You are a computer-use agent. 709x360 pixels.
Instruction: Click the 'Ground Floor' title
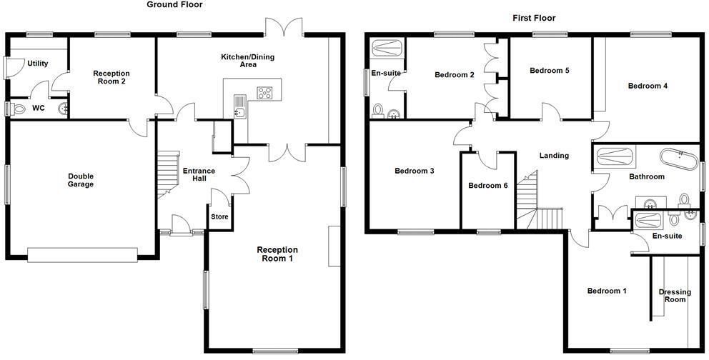pyautogui.click(x=174, y=5)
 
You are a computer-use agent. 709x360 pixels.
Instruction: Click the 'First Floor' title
pyautogui.click(x=533, y=18)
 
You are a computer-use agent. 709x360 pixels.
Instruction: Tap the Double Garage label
pyautogui.click(x=81, y=180)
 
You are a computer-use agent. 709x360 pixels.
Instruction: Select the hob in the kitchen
pyautogui.click(x=265, y=92)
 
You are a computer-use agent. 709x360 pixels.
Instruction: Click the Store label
pyautogui.click(x=218, y=216)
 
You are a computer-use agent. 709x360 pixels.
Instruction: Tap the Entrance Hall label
pyautogui.click(x=194, y=174)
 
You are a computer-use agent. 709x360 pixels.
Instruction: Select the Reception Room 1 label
pyautogui.click(x=277, y=254)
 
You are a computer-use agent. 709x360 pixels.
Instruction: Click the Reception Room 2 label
pyautogui.click(x=111, y=77)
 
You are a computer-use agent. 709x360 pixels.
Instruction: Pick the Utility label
pyautogui.click(x=37, y=64)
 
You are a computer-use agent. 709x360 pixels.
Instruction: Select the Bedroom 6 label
pyautogui.click(x=487, y=186)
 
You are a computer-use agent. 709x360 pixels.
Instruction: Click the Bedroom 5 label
pyautogui.click(x=549, y=71)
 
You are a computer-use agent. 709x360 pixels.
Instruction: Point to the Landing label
pyautogui.click(x=554, y=156)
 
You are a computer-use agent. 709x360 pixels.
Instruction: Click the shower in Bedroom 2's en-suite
pyautogui.click(x=387, y=49)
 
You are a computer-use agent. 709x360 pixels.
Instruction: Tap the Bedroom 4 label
pyautogui.click(x=648, y=86)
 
